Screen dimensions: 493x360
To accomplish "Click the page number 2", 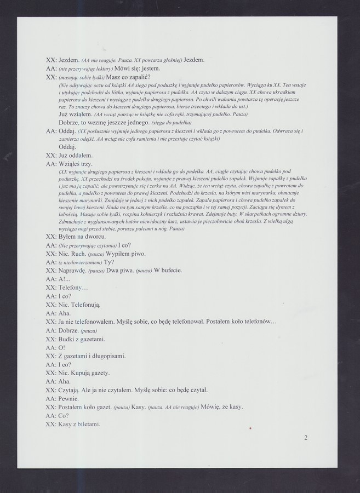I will coord(306,438).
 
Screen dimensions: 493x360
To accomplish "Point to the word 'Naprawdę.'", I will coord(72,271).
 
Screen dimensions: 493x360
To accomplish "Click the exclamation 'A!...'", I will coord(65,279).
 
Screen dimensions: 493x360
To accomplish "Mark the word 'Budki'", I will coord(68,339).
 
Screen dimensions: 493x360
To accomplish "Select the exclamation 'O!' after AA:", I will coord(61,348).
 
